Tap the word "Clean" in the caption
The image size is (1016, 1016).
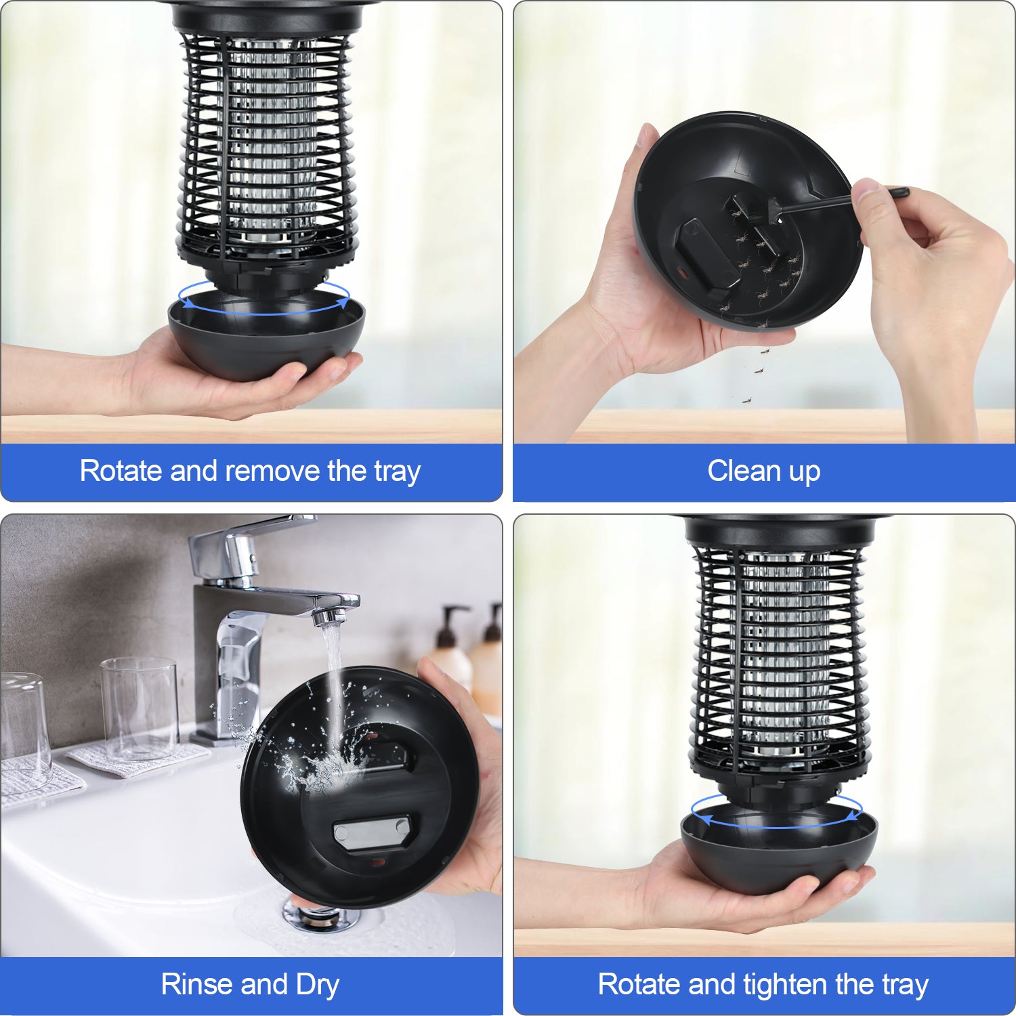pyautogui.click(x=742, y=471)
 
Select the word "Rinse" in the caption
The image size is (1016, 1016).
pyautogui.click(x=196, y=984)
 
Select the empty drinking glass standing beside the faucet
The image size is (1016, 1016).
pyautogui.click(x=140, y=708)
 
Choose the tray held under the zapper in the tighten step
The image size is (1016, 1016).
pyautogui.click(x=779, y=849)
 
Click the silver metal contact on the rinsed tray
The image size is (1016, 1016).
pyautogui.click(x=371, y=832)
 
